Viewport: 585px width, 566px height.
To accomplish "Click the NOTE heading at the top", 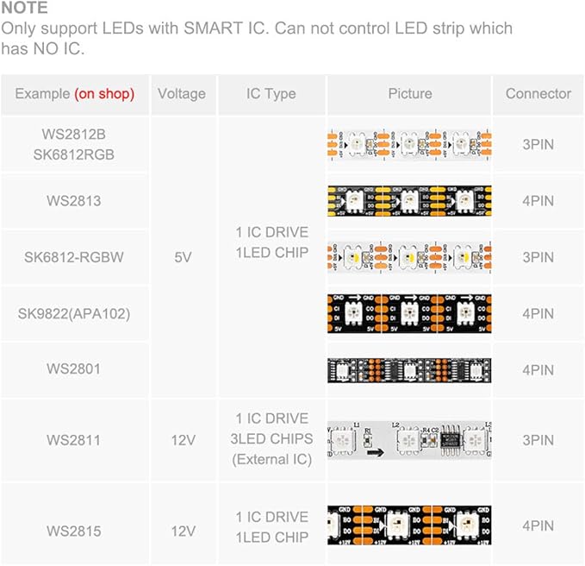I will tap(24, 8).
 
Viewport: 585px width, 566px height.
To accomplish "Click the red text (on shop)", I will tap(104, 94).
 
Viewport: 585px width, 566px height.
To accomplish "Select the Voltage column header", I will tap(182, 94).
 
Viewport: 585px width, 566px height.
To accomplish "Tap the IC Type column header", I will tap(271, 94).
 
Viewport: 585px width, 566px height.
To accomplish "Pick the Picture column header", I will tap(409, 94).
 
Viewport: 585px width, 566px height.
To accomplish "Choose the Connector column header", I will tap(538, 94).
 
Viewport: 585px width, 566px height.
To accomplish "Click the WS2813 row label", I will tap(74, 201).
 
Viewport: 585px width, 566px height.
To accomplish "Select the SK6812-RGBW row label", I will tap(74, 257).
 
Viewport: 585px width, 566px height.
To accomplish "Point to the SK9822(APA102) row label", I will tap(74, 313).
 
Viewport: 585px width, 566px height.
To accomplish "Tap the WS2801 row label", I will tap(74, 369).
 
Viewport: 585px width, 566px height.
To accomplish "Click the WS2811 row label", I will tap(74, 440).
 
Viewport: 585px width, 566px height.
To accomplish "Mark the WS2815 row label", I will tap(74, 531).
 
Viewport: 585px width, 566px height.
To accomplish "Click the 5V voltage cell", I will tap(183, 257).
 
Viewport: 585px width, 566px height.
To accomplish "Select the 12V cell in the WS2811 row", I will tap(183, 440).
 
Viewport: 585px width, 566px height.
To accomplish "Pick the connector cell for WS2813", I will tap(538, 201).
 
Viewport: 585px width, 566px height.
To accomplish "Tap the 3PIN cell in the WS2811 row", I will tap(538, 440).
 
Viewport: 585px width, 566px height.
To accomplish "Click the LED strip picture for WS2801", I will tap(409, 370).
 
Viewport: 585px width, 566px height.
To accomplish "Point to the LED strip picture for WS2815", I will tap(409, 525).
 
